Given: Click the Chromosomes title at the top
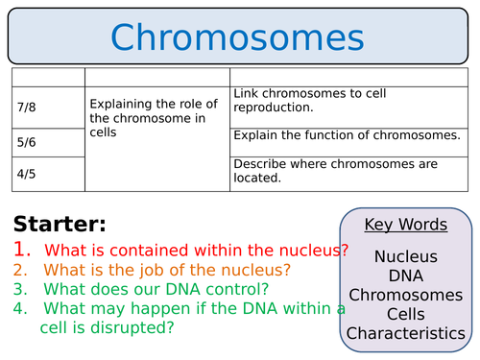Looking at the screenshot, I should point(237,37).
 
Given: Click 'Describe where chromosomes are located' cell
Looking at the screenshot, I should point(331,170).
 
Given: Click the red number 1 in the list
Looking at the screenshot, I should point(22,251).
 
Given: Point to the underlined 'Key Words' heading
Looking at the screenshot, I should point(405,225).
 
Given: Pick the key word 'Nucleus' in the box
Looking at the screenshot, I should point(405,256).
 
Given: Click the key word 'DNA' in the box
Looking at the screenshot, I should point(405,276).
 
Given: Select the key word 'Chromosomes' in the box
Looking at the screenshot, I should point(405,295).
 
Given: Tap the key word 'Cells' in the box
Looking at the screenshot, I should point(405,314).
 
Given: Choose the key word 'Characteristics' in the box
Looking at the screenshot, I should point(405,333).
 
